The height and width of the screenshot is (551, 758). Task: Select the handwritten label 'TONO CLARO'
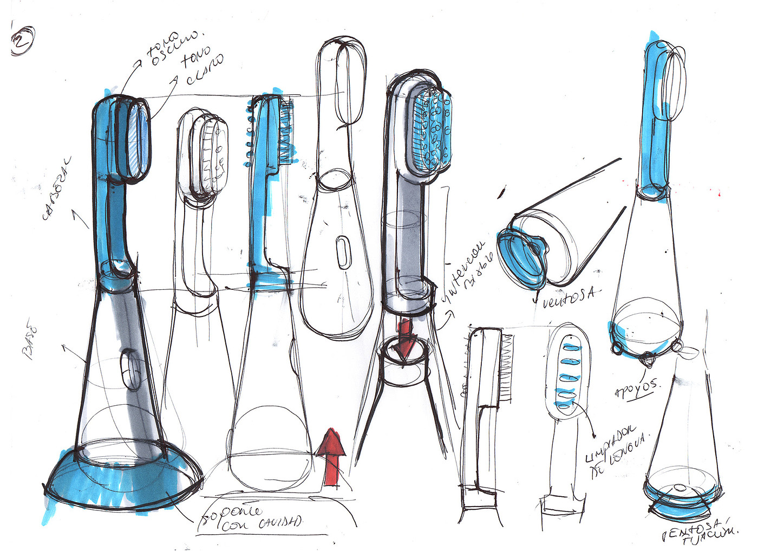point(202,69)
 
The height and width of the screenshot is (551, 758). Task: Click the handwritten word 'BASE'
point(30,341)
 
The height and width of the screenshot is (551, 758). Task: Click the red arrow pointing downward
point(406,339)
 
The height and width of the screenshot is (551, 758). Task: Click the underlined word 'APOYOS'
point(637,389)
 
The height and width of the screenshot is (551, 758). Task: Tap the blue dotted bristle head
point(432,130)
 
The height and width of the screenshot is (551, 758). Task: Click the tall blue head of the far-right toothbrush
point(656,108)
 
